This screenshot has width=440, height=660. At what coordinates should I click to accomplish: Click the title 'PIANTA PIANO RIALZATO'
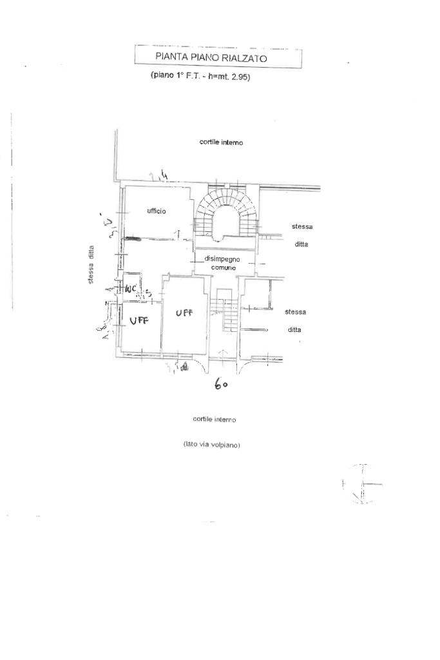[x=211, y=57]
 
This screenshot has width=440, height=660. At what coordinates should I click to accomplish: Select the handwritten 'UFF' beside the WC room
[x=139, y=320]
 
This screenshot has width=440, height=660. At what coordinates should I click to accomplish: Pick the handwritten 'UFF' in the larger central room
[x=183, y=313]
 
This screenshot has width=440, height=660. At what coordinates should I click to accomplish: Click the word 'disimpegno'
[x=222, y=258]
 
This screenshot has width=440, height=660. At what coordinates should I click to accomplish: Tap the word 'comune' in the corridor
[x=223, y=267]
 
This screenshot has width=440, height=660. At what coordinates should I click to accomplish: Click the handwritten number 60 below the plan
[x=222, y=385]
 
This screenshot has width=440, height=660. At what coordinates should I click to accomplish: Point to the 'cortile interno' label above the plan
[x=221, y=142]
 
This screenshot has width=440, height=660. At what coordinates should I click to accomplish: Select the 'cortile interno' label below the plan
[x=214, y=419]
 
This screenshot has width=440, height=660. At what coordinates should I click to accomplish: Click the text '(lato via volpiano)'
[x=212, y=445]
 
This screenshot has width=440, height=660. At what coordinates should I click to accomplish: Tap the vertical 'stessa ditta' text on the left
[x=91, y=264]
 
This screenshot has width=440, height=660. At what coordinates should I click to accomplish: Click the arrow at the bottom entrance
[x=223, y=353]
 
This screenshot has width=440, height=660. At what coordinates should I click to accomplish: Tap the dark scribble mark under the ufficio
[x=132, y=238]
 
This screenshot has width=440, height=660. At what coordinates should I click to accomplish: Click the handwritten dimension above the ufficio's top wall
[x=156, y=175]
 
